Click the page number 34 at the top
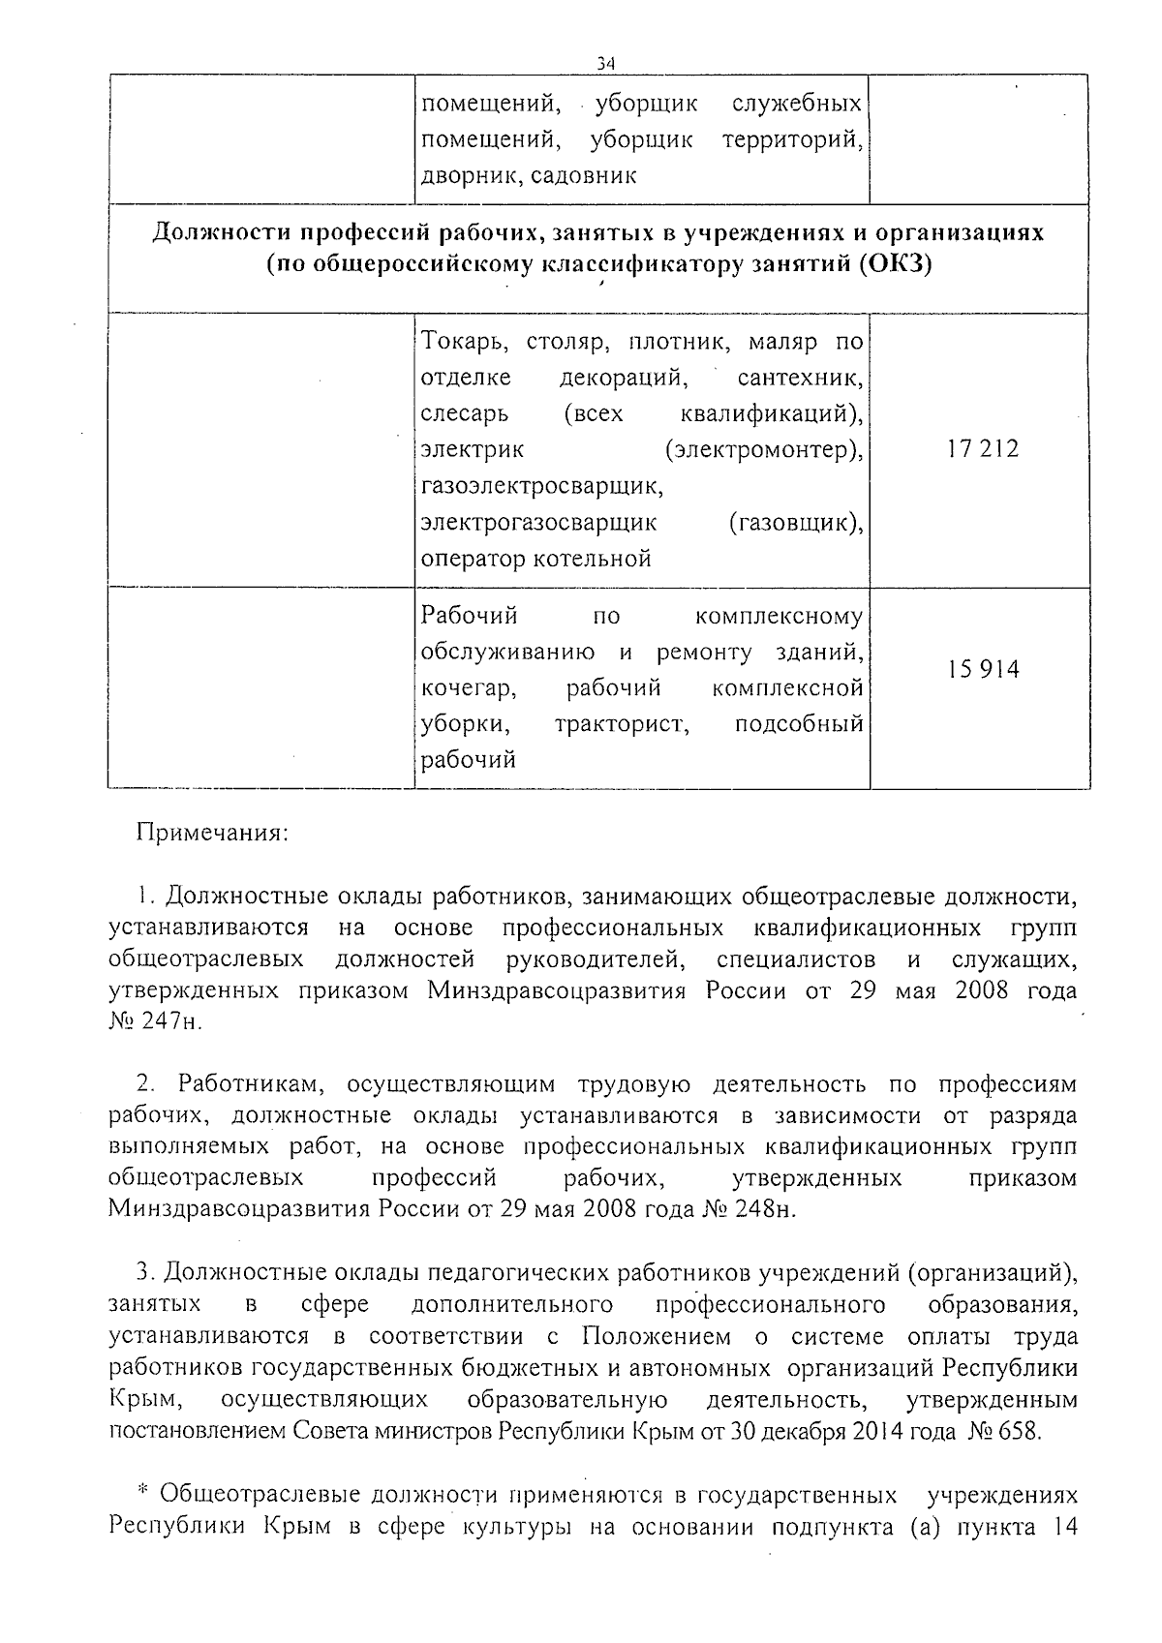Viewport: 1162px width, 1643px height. [x=607, y=64]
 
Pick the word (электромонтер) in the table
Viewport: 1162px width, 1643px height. [x=765, y=450]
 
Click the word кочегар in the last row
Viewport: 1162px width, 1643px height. [x=467, y=688]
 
